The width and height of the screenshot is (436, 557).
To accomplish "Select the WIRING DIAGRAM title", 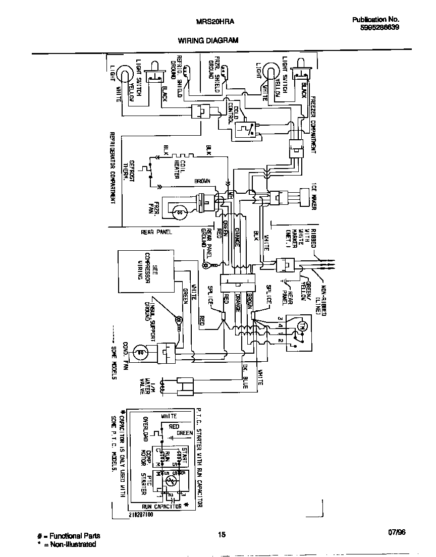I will click(x=207, y=40).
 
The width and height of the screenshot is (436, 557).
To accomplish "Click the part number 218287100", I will click(x=141, y=515).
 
